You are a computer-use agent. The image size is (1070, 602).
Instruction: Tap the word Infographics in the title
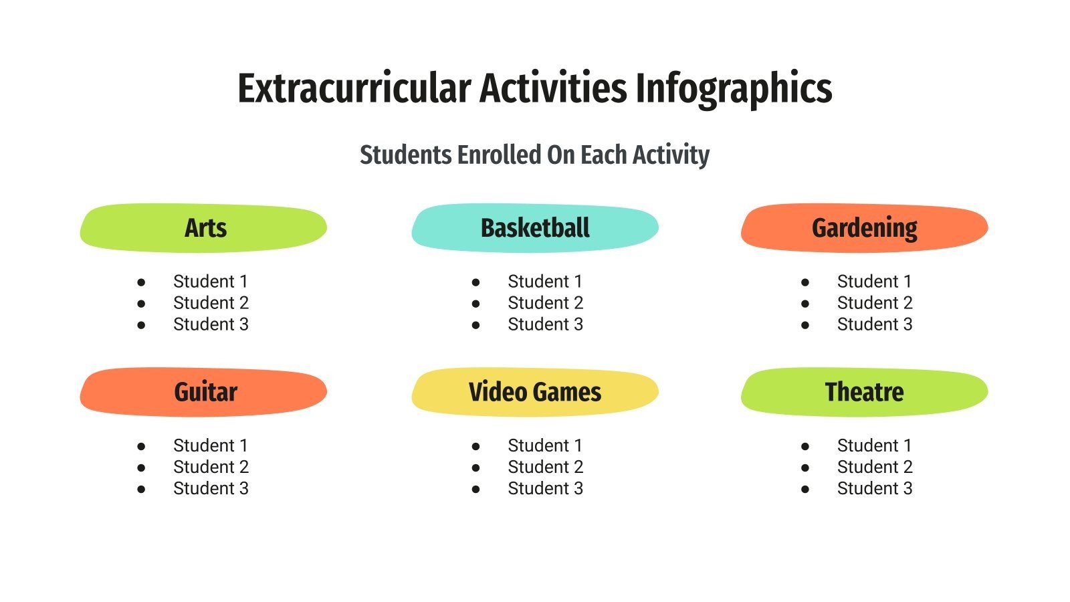coord(734,88)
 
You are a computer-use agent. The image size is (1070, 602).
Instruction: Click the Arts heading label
coord(205,228)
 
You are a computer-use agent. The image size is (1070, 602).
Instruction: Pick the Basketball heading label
coord(535,228)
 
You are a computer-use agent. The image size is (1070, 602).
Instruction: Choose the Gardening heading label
coord(864,228)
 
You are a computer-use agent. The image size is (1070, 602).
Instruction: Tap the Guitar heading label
coord(205,392)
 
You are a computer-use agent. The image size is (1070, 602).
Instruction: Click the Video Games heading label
coord(535,392)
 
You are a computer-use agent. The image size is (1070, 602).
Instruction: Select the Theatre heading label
coord(864,392)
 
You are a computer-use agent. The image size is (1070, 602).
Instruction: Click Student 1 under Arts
coord(211,282)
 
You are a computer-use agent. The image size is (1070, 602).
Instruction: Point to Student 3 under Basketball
coord(545,324)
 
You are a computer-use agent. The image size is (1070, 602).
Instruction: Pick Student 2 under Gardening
coord(875,303)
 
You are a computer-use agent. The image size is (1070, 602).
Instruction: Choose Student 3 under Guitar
coord(211,488)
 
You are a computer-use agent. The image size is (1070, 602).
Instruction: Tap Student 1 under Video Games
coord(545,445)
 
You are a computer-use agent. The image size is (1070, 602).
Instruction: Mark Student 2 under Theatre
coord(875,467)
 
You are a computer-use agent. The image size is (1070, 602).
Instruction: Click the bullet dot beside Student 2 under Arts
coord(141,304)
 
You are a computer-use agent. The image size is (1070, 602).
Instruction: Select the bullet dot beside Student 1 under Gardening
coord(805,282)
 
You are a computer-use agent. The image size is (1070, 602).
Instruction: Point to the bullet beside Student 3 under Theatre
coord(805,489)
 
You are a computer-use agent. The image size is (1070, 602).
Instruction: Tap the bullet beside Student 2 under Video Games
coord(475,468)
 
